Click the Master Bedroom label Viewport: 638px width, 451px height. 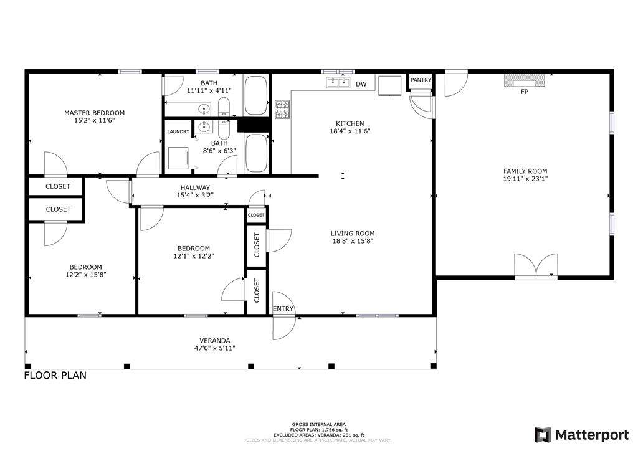(x=95, y=113)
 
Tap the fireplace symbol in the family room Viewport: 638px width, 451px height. (x=525, y=80)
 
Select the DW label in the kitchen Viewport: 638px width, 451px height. (x=361, y=84)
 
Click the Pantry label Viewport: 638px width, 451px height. (x=421, y=80)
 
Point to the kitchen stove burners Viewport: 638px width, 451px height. (x=282, y=110)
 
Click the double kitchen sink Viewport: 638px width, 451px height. (x=338, y=83)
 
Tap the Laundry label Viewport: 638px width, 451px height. (x=178, y=132)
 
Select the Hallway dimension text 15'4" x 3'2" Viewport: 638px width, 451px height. (x=195, y=195)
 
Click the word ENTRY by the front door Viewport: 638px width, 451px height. (x=283, y=309)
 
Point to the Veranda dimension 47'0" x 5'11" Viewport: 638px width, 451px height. (x=215, y=348)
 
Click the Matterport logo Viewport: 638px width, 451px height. (x=581, y=435)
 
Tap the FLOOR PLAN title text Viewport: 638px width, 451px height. (x=55, y=375)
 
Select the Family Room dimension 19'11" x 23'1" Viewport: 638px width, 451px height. (x=525, y=179)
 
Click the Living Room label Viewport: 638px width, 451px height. (x=353, y=234)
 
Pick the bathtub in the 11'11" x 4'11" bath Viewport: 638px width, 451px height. (x=256, y=95)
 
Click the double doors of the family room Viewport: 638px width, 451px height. (x=536, y=266)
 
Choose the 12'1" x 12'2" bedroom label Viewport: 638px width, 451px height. (x=194, y=252)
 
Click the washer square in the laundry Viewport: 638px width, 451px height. (x=178, y=158)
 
